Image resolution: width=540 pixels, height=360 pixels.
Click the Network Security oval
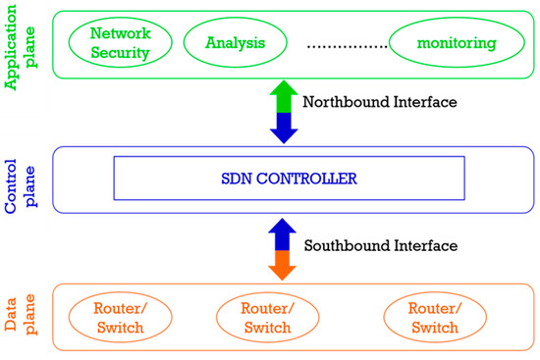118,42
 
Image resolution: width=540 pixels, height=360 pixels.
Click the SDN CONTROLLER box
289,180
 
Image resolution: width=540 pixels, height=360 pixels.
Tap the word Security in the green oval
118,51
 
